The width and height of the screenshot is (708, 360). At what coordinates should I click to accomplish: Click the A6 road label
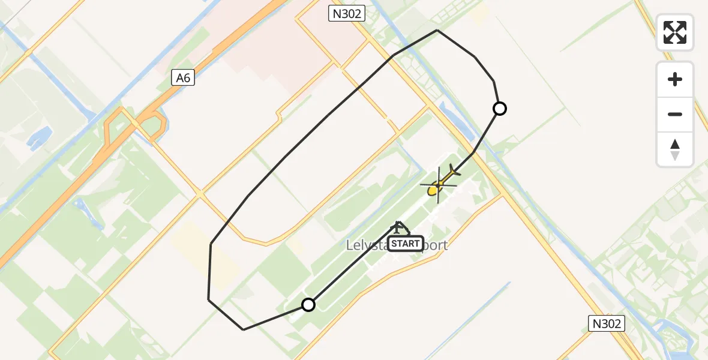pyautogui.click(x=183, y=77)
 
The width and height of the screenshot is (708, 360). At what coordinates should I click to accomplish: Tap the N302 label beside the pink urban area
pyautogui.click(x=346, y=13)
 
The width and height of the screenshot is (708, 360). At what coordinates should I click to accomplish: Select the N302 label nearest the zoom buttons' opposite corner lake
pyautogui.click(x=607, y=324)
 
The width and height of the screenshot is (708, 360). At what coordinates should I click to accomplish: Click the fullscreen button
pyautogui.click(x=675, y=32)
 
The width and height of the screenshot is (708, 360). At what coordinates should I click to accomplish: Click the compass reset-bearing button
pyautogui.click(x=675, y=149)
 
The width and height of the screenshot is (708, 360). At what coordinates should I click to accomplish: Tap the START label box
pyautogui.click(x=406, y=244)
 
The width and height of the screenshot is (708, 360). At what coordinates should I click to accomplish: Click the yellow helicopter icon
pyautogui.click(x=439, y=183)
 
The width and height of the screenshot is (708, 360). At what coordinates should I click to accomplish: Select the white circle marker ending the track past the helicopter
pyautogui.click(x=500, y=109)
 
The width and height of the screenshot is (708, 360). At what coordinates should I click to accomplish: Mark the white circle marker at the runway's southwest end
pyautogui.click(x=308, y=305)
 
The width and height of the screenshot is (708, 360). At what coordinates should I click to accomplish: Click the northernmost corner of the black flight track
pyautogui.click(x=437, y=30)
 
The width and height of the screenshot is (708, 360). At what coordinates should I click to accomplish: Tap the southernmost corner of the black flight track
pyautogui.click(x=243, y=329)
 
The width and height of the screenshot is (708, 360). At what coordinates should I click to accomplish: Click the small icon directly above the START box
pyautogui.click(x=398, y=227)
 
